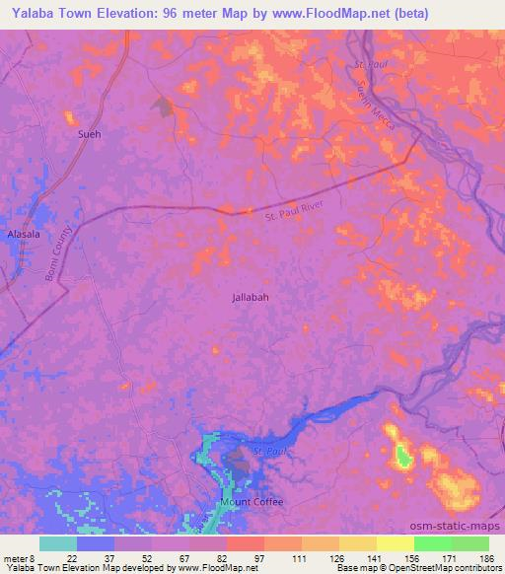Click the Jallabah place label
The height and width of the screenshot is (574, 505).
(x=250, y=296)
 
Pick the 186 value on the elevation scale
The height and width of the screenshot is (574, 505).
(x=486, y=557)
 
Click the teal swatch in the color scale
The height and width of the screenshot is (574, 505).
(x=58, y=543)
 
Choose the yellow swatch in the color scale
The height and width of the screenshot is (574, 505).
(x=395, y=543)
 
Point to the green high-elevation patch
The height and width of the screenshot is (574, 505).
(x=403, y=456)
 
